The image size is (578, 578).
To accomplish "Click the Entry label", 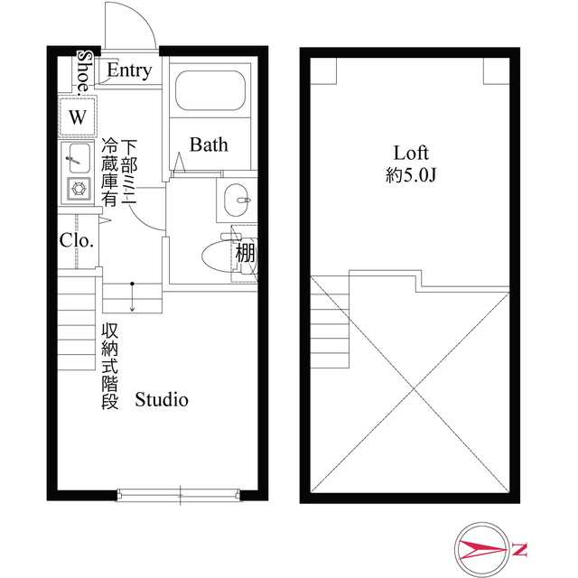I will [x=129, y=70].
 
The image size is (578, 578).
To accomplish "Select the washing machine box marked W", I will [x=78, y=117].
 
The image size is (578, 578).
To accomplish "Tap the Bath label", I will [x=209, y=144].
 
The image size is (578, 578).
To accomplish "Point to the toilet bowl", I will [x=217, y=256].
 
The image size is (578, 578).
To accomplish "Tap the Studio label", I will [x=162, y=398].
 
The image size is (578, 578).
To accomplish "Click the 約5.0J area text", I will [x=410, y=176].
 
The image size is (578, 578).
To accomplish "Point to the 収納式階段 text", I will [x=110, y=366].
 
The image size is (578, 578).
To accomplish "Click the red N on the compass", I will [x=522, y=548].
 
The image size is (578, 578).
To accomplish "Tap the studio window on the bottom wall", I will [x=180, y=493].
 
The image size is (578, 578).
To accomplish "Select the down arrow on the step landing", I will [x=132, y=298].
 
